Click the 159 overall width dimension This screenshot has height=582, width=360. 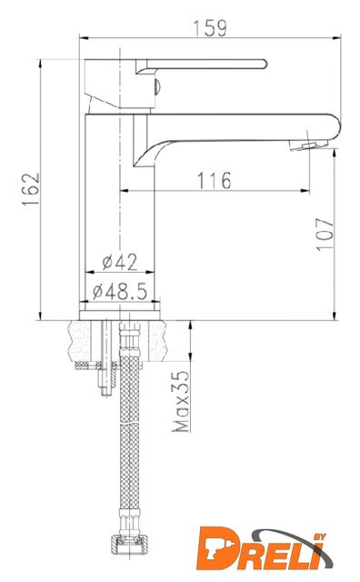(x=210, y=28)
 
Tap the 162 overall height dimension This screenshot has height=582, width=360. (x=31, y=188)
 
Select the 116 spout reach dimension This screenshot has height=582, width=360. (x=214, y=180)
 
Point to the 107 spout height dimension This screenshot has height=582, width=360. (x=325, y=235)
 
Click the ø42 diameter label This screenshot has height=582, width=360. (x=120, y=262)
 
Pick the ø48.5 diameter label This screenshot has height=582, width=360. (x=120, y=291)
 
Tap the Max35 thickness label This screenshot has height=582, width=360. (x=180, y=401)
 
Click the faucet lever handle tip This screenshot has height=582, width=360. (x=265, y=64)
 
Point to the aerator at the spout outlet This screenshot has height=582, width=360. (x=309, y=145)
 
